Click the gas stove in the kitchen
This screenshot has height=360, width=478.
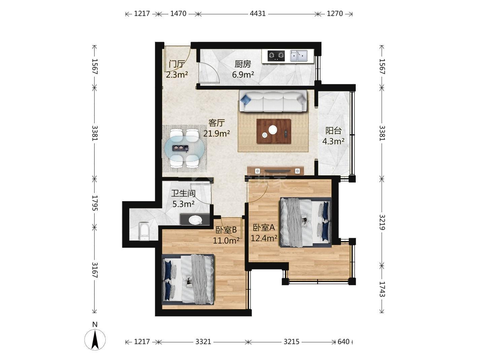276,56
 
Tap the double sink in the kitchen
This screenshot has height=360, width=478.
299,56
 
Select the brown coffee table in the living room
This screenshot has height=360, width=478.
274,131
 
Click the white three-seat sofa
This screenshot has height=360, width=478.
273,101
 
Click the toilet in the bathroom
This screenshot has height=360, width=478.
144,231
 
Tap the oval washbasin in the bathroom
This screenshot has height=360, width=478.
195,220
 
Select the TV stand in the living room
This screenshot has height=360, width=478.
275,171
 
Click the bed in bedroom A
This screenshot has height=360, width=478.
306,222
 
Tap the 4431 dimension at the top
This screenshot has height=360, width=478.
258,14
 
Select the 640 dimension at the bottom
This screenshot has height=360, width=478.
343,342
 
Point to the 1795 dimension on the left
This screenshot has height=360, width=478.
95,203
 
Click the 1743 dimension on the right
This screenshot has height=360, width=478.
382,289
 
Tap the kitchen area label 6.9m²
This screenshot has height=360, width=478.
243,75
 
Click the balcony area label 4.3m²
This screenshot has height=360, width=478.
333,141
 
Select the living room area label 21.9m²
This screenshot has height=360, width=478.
216,133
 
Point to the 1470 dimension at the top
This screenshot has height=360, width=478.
178,14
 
